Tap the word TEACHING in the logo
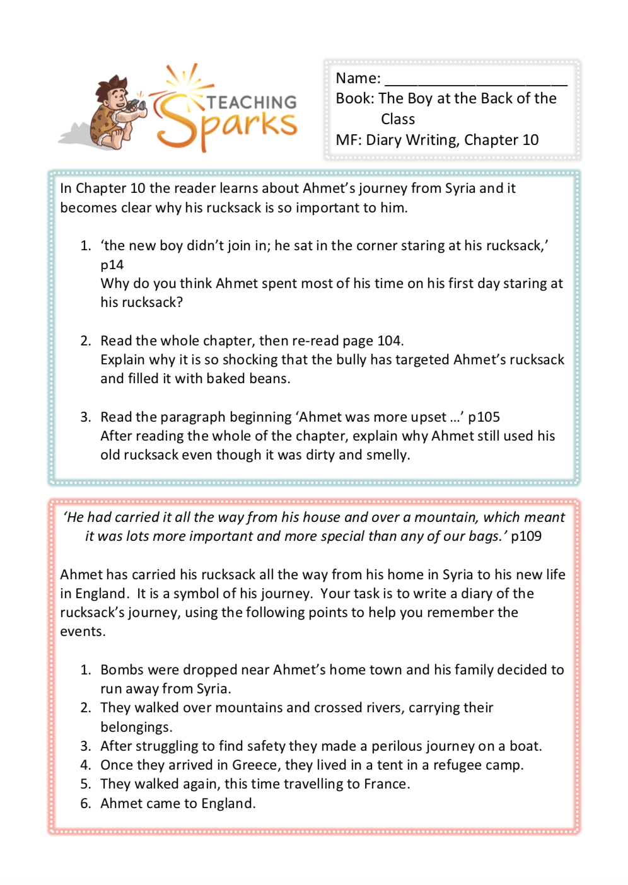tap(252, 102)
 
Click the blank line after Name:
tap(476, 79)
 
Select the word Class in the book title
tap(398, 119)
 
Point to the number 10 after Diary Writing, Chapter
tap(530, 140)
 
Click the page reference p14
tap(112, 265)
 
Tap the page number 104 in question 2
tap(389, 341)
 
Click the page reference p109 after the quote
tap(526, 536)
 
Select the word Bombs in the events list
tap(121, 670)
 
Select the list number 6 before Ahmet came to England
tap(85, 804)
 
